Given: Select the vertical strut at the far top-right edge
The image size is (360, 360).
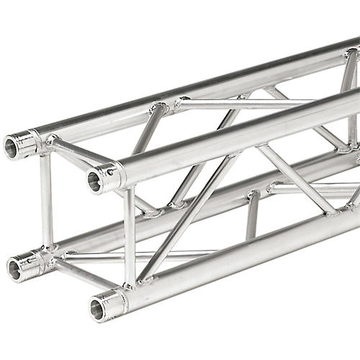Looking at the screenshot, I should click(352, 101).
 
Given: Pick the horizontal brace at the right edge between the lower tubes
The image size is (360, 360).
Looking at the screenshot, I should click(317, 189).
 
